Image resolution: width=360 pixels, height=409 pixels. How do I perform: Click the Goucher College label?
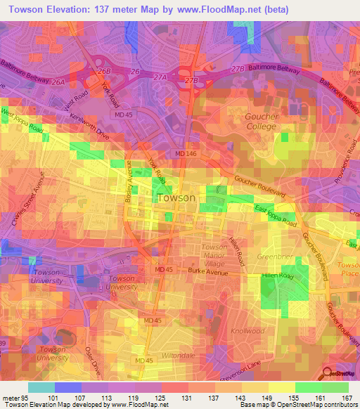point(261,121)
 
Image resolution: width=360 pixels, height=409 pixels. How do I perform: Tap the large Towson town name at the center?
point(176,197)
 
